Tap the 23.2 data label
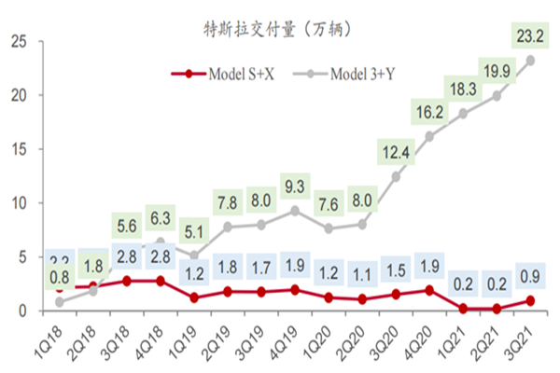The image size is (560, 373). (x=530, y=36)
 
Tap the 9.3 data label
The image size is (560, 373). (x=295, y=186)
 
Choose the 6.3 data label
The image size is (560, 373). (x=160, y=217)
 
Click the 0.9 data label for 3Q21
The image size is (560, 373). (x=530, y=276)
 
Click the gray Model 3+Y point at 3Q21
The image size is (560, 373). (x=530, y=60)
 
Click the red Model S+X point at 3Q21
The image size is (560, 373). (x=530, y=300)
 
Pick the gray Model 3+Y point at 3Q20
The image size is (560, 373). (x=397, y=176)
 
